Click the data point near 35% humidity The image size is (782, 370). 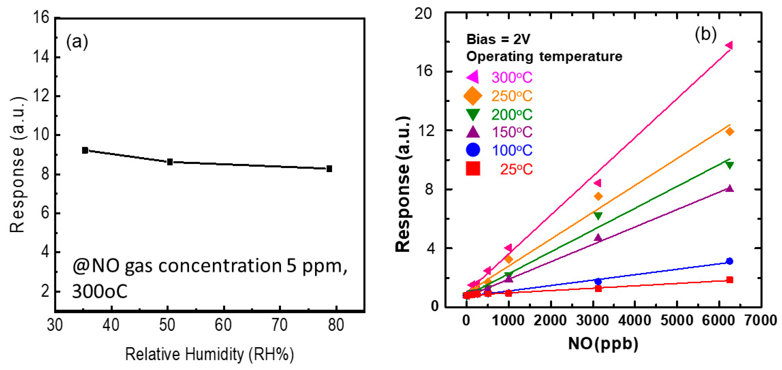85,150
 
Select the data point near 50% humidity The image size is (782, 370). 170,162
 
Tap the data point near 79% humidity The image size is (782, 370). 329,169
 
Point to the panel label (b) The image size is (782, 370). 705,34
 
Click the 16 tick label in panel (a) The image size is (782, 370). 41,18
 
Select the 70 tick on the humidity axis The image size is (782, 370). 279,325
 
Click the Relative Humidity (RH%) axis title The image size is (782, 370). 209,354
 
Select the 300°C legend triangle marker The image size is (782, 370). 473,77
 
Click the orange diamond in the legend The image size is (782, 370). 473,96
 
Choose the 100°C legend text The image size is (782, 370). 512,150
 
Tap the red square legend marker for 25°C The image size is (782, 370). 473,169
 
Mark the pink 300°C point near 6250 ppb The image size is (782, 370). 729,46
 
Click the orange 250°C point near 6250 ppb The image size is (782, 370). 730,132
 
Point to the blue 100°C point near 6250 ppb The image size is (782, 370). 730,261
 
